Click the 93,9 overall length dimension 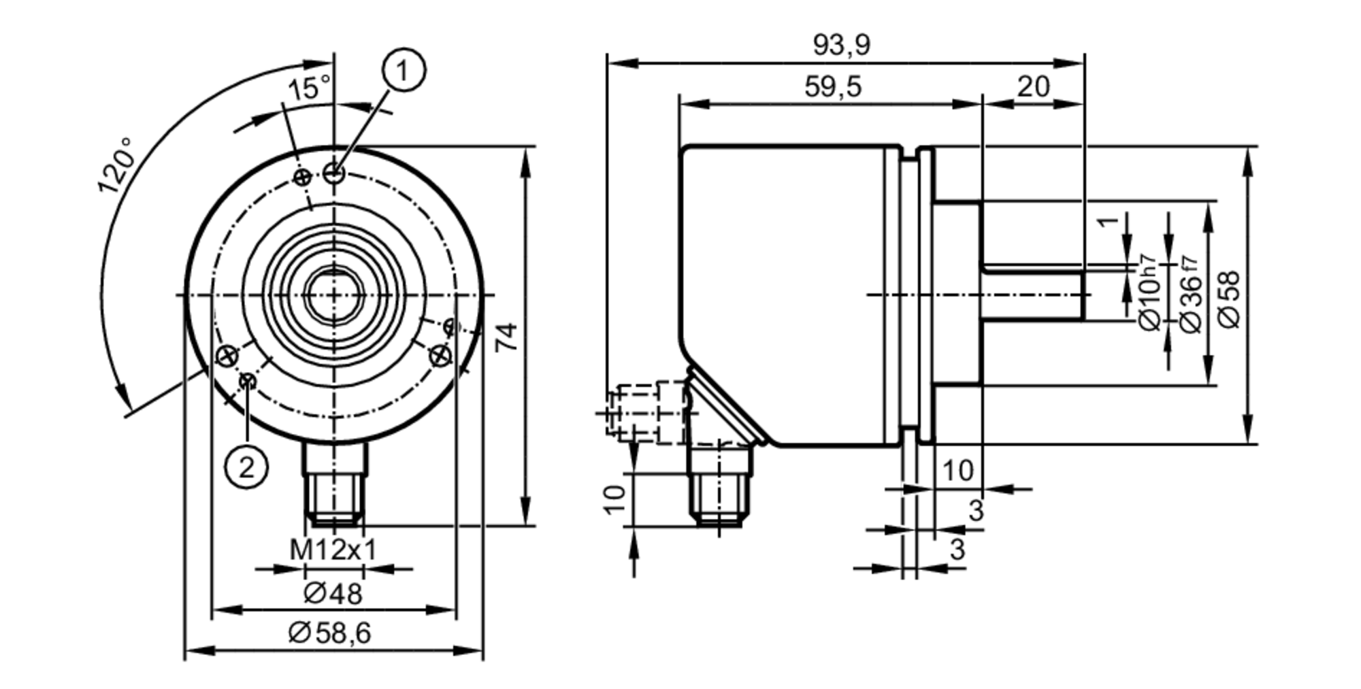click(841, 46)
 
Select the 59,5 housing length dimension click(832, 87)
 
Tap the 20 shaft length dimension click(1033, 87)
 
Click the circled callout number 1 click(404, 71)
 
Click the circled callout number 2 click(246, 467)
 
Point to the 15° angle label click(308, 88)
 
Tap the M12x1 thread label click(333, 550)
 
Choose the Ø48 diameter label click(333, 594)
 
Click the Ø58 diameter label click(1230, 299)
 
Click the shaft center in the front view click(333, 295)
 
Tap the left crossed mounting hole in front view click(227, 355)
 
